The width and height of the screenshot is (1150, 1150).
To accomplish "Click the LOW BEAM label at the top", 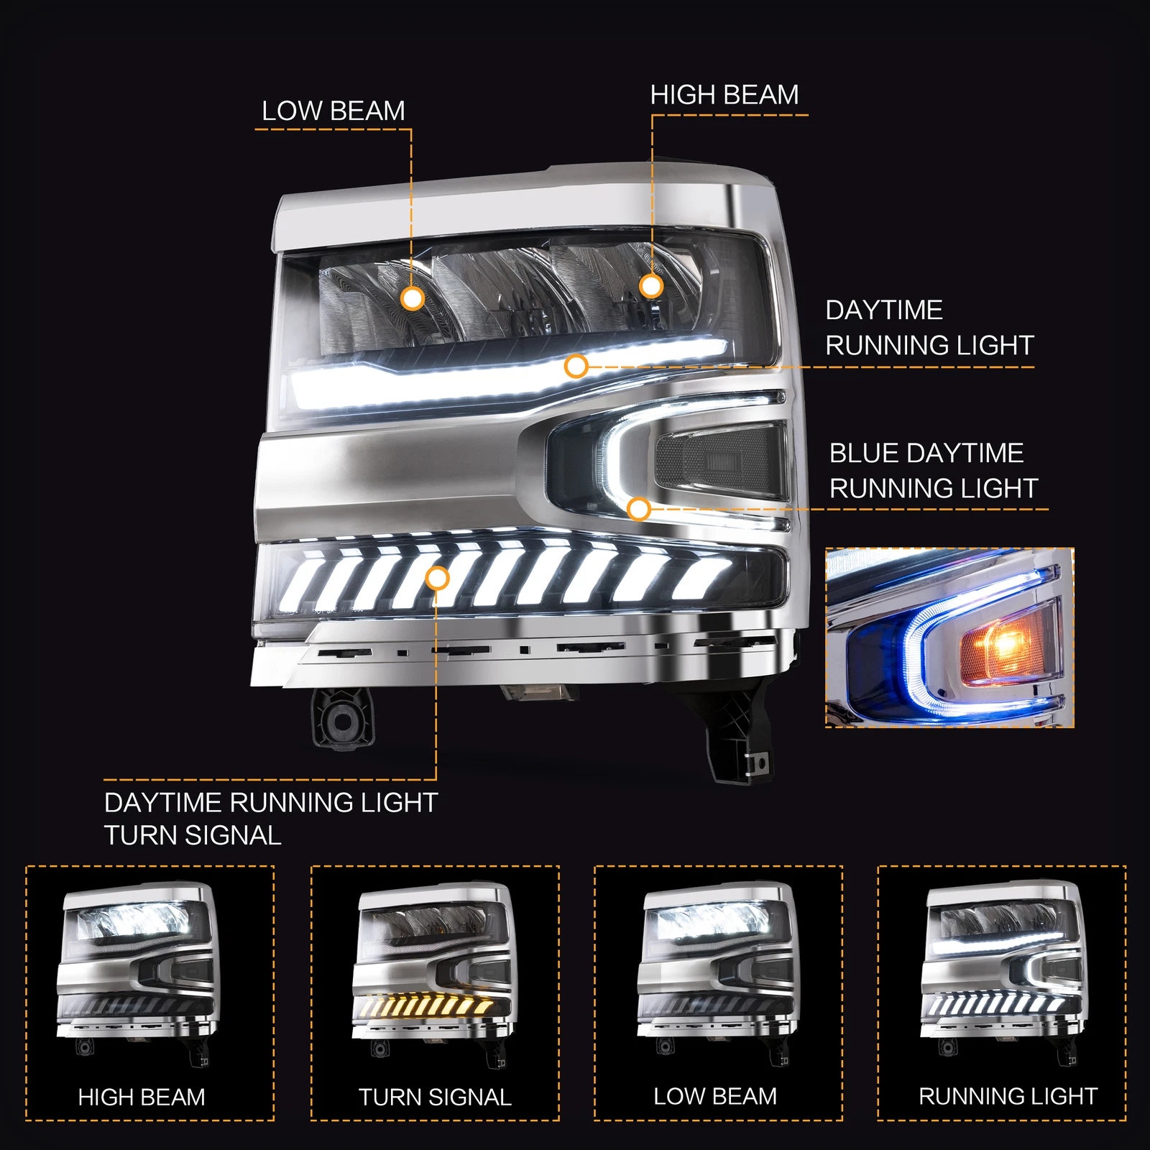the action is click(333, 111).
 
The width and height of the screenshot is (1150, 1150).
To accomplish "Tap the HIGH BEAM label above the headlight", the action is click(724, 95).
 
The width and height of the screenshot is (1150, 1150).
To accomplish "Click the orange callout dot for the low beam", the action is click(413, 298).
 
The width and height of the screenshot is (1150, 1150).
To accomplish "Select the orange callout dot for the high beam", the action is click(651, 286).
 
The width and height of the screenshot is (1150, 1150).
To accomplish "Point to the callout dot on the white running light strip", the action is click(576, 367).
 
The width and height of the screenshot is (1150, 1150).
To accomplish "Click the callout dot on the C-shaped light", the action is click(638, 510).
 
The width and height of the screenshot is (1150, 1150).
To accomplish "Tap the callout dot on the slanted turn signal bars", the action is click(437, 577).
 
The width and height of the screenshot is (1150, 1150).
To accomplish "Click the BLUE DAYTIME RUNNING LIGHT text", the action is click(934, 471).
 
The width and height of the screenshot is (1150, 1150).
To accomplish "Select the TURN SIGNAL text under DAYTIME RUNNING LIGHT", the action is click(193, 836).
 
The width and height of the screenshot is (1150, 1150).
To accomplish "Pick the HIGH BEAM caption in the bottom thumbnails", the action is click(142, 1098).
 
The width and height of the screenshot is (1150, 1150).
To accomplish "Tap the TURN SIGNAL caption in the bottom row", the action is click(435, 1098).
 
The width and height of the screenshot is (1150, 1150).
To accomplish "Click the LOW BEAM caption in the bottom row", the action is click(715, 1097).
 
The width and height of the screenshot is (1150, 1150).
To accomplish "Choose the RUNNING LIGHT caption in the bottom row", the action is click(1008, 1097).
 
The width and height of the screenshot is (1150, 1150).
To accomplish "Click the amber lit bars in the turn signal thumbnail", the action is click(428, 1005).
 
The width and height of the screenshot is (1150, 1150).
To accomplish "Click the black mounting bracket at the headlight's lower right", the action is click(740, 733).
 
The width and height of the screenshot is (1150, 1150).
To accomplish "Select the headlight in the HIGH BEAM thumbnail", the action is click(138, 974).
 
